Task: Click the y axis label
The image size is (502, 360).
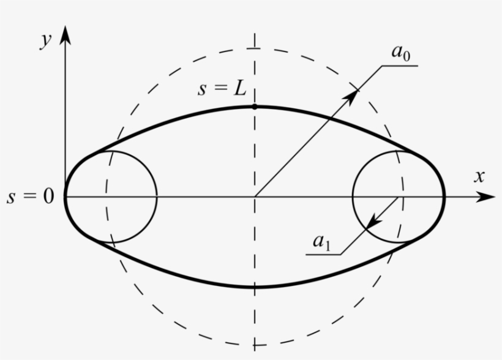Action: (x=45, y=40)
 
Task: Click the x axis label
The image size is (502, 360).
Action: (x=479, y=176)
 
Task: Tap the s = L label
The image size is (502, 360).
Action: (x=222, y=89)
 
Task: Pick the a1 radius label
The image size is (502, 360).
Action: (x=321, y=242)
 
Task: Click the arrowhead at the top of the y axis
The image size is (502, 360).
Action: (x=66, y=34)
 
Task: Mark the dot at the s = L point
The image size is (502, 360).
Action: (x=255, y=107)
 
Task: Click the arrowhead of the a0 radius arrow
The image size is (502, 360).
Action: (x=353, y=95)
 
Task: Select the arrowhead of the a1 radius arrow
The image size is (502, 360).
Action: (x=369, y=225)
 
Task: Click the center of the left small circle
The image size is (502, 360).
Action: (x=111, y=197)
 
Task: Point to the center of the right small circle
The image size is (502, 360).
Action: (x=399, y=197)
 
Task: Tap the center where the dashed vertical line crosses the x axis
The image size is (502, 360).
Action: (x=255, y=197)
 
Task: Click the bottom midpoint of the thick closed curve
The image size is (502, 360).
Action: (x=255, y=287)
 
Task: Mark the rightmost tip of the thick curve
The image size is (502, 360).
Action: (x=444, y=197)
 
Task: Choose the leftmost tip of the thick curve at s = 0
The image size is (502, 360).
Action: (x=65, y=197)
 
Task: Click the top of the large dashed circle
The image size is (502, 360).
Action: (x=255, y=48)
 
